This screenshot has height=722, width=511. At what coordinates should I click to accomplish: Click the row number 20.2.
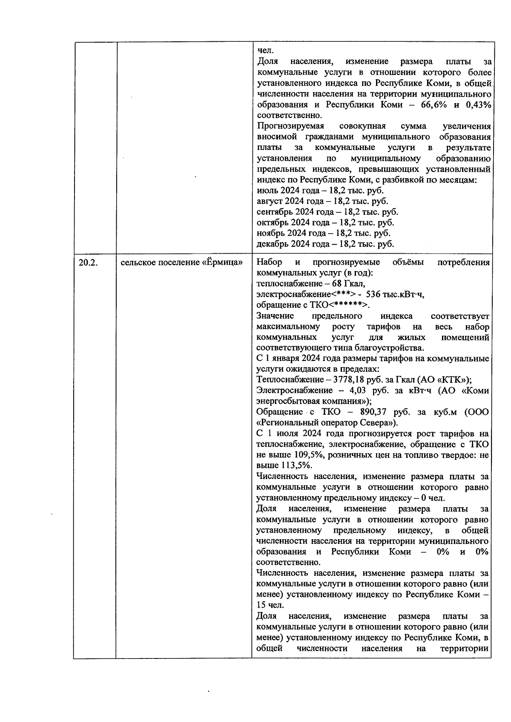(88, 263)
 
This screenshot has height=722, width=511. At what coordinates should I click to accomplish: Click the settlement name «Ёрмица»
(221, 263)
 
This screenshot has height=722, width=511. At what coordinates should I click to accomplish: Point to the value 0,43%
(478, 105)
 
